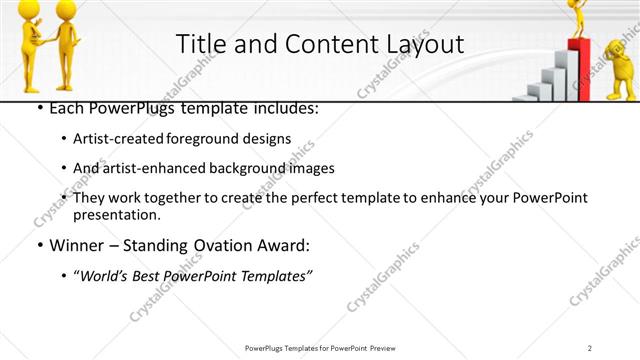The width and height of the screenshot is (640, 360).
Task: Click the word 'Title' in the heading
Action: pos(201,44)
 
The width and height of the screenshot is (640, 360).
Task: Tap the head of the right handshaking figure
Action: pos(62,9)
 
